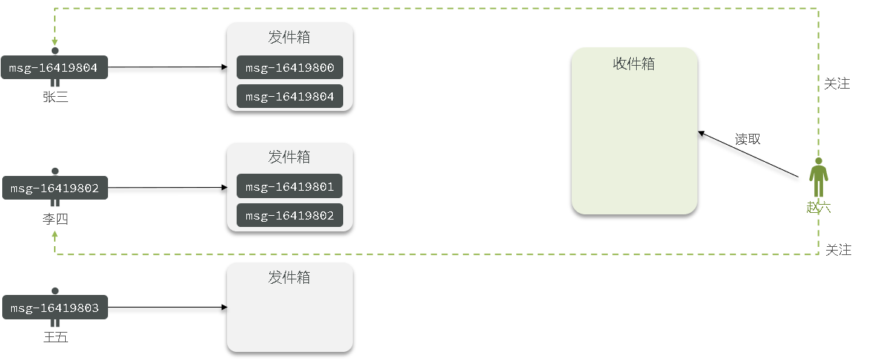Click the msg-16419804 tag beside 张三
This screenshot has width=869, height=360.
(55, 68)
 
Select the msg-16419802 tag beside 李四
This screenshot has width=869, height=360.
(55, 188)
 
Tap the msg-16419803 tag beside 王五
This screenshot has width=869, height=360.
(55, 308)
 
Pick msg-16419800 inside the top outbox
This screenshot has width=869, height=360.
(290, 68)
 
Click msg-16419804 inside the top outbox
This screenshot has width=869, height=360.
(290, 96)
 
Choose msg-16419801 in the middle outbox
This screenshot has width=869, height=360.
(290, 186)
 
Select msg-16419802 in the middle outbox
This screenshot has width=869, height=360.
(290, 215)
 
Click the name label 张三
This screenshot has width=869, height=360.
(55, 97)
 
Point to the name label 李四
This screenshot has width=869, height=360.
(55, 220)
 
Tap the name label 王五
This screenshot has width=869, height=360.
(55, 338)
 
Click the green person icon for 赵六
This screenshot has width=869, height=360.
(818, 178)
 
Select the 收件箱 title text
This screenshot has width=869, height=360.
(634, 64)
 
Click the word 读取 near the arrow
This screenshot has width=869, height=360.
(748, 139)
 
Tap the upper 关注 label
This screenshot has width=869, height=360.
(836, 84)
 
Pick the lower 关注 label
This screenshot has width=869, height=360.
(838, 250)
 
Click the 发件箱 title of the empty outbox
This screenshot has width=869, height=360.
(289, 277)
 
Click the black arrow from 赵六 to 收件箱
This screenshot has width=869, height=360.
(748, 154)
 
